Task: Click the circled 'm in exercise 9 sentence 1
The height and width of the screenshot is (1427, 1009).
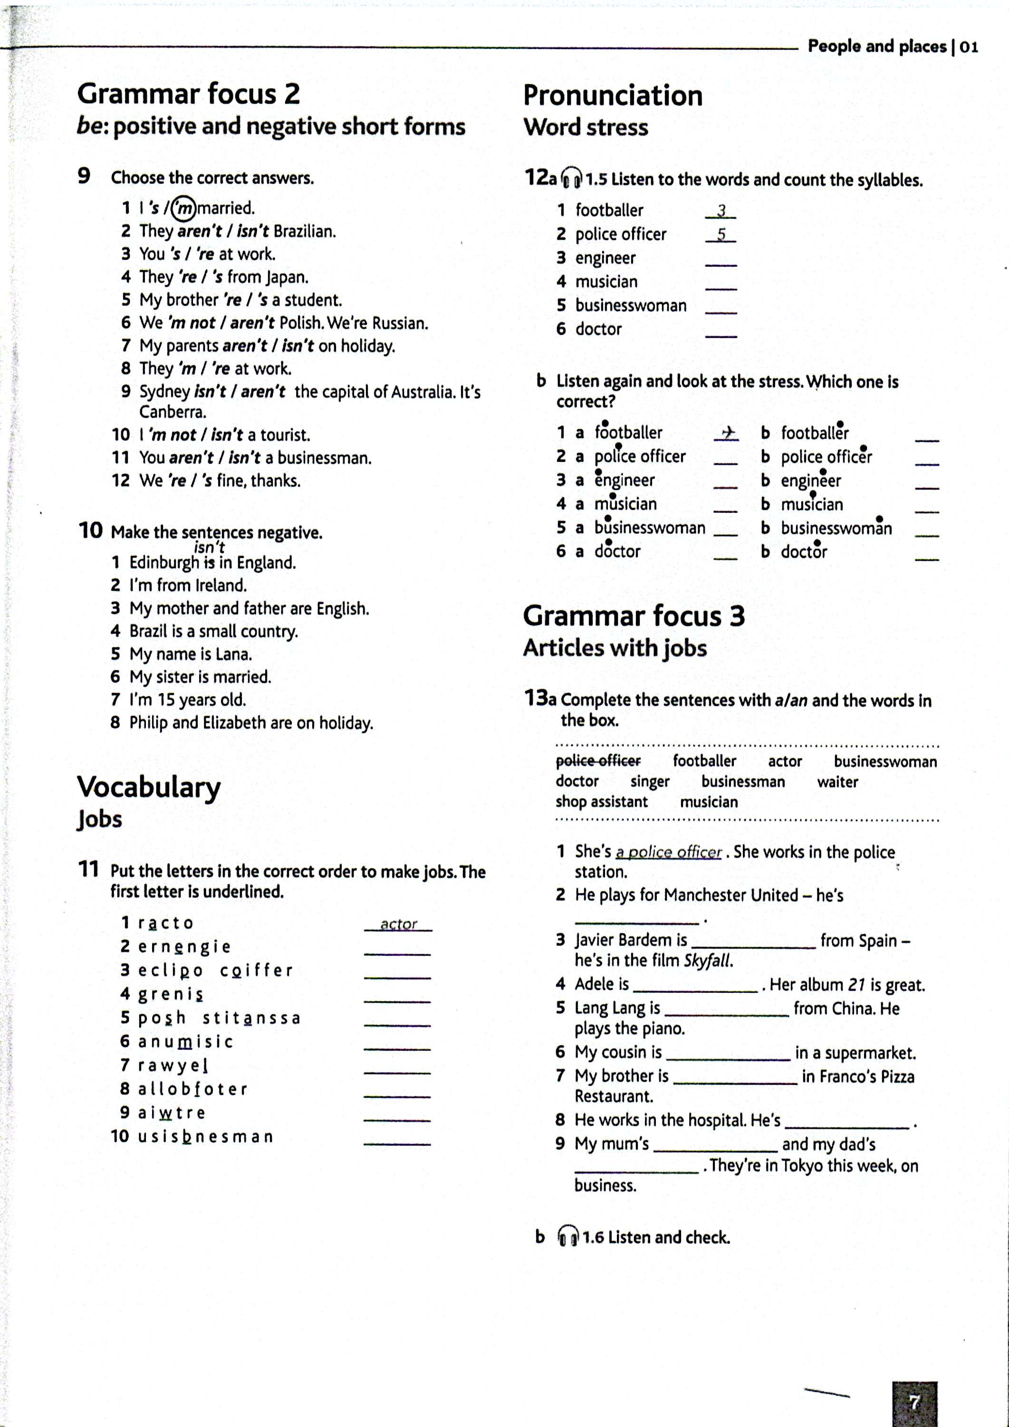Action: pos(183,208)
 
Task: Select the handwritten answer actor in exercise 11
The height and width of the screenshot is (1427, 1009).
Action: pos(398,924)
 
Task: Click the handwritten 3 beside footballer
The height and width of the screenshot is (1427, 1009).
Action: pos(721,211)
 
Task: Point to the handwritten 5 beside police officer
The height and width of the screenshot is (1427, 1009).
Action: pos(721,235)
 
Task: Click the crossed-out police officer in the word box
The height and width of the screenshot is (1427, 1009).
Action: pos(598,761)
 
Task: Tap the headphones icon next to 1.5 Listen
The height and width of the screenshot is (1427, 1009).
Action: pos(571,179)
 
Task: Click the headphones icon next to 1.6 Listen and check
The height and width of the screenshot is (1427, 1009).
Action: pos(567,1237)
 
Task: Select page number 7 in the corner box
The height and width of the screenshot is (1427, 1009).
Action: pos(914,1403)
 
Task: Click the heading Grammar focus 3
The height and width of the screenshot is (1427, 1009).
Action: pos(634,616)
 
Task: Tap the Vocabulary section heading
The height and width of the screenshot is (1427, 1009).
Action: pos(148,787)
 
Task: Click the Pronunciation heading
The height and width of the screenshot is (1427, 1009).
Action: pos(613,96)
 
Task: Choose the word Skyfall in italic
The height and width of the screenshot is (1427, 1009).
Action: pos(708,961)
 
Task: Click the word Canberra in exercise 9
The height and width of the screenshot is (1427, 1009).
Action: pos(173,412)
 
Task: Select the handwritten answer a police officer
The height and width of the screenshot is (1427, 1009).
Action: pos(669,852)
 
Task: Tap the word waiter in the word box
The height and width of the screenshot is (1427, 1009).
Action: pos(837,782)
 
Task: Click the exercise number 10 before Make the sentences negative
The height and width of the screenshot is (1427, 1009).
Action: pos(90,530)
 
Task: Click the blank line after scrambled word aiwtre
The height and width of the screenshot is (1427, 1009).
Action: pos(397,1119)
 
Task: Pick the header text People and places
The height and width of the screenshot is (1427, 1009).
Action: pos(877,46)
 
